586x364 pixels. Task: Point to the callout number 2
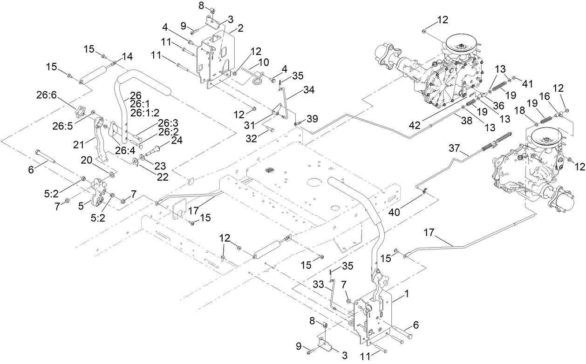click(x=240, y=28)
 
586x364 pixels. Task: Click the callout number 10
click(x=264, y=62)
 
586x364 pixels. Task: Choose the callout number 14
click(x=127, y=56)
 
